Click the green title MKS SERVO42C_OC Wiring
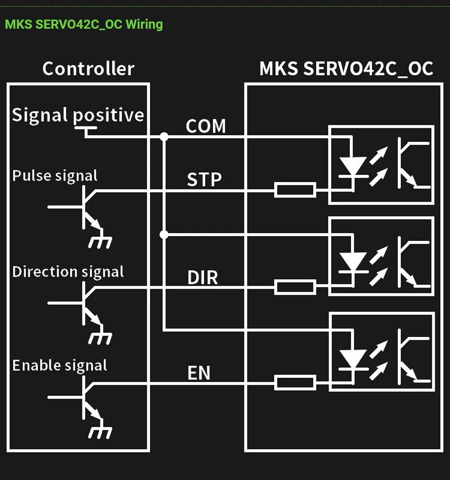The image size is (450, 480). [84, 24]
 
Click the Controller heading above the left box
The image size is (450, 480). [88, 68]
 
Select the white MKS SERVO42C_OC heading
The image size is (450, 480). [346, 68]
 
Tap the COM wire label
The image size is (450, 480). [205, 126]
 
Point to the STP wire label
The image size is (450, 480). [204, 180]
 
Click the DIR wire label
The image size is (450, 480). [203, 277]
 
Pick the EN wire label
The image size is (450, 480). [199, 373]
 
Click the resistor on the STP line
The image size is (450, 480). [295, 190]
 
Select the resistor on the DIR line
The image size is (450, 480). [295, 287]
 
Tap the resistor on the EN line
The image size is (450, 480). [295, 382]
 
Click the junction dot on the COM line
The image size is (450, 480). [164, 137]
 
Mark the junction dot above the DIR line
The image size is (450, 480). [164, 234]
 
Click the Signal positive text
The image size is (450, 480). [78, 115]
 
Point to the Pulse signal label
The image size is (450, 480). [55, 176]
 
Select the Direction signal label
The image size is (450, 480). [68, 272]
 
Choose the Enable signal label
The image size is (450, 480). [60, 366]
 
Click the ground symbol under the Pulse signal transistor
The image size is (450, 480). [100, 241]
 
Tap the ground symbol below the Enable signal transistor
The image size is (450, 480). [100, 431]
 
